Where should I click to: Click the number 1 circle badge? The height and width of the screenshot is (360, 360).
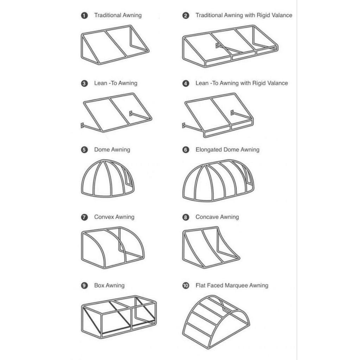pos(84,15)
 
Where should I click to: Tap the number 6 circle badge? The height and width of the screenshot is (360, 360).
pos(186,150)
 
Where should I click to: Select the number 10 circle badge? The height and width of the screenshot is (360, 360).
pos(186,285)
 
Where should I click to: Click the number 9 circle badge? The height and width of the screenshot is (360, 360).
pos(84,285)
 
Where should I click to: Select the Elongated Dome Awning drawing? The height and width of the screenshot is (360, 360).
pos(218,181)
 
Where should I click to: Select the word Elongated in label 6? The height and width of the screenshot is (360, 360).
pos(209,150)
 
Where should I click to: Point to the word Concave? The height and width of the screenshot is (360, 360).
pos(207,217)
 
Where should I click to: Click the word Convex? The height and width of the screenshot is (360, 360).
pos(104,217)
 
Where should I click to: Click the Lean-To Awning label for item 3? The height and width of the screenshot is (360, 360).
pos(116,83)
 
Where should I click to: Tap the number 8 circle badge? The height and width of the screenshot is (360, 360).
pos(186,217)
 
